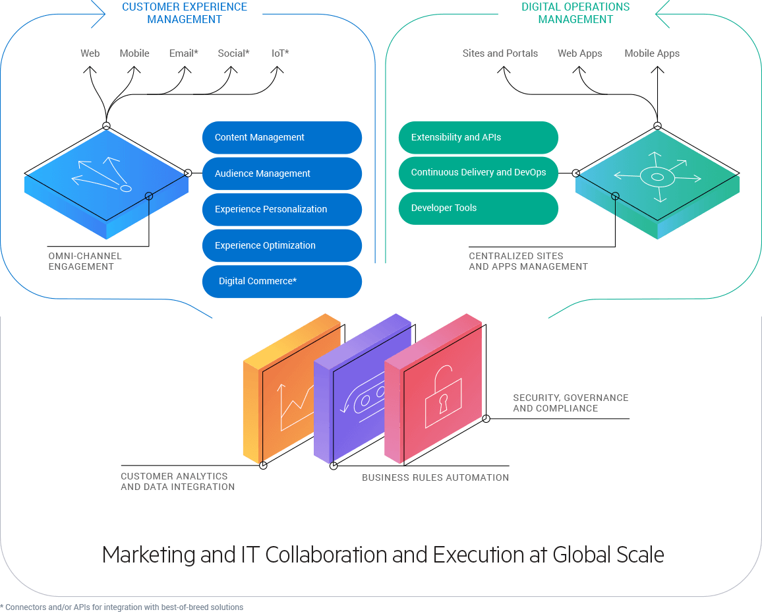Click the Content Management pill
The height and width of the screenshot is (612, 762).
(x=281, y=138)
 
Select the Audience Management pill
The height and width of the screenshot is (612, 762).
(x=281, y=173)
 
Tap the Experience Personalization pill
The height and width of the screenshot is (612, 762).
(x=281, y=209)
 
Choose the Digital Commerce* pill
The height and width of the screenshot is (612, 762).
(x=281, y=281)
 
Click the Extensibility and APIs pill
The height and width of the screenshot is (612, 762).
(x=478, y=137)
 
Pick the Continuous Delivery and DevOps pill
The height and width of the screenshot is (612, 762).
(x=478, y=172)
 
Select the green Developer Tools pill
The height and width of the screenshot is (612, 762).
(x=478, y=208)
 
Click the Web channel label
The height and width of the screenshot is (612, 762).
(x=90, y=53)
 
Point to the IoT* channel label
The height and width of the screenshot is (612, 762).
(x=280, y=53)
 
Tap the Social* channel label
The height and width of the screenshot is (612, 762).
(x=233, y=53)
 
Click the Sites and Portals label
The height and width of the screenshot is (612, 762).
(x=500, y=53)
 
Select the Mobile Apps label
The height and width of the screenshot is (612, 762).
(x=652, y=53)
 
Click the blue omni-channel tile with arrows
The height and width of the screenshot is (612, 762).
(x=105, y=181)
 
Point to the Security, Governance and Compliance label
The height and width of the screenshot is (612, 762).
(x=570, y=403)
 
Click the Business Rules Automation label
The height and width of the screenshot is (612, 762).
(x=435, y=477)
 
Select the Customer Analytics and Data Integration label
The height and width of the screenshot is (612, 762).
(x=177, y=481)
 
